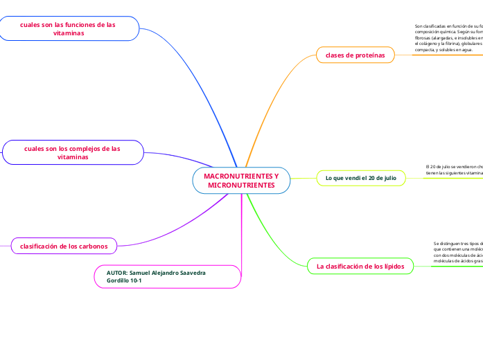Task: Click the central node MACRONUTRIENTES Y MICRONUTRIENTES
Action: tap(241, 181)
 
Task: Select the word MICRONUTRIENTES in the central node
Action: tap(241, 186)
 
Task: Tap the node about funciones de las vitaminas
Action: tap(68, 28)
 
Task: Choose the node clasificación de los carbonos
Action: tap(64, 245)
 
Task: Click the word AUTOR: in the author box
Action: tap(117, 273)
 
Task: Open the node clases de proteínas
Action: tap(355, 55)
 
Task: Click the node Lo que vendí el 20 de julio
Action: tap(360, 179)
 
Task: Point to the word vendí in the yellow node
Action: tap(349, 179)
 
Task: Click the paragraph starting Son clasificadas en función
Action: tap(447, 38)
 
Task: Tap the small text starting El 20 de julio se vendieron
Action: tap(454, 170)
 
